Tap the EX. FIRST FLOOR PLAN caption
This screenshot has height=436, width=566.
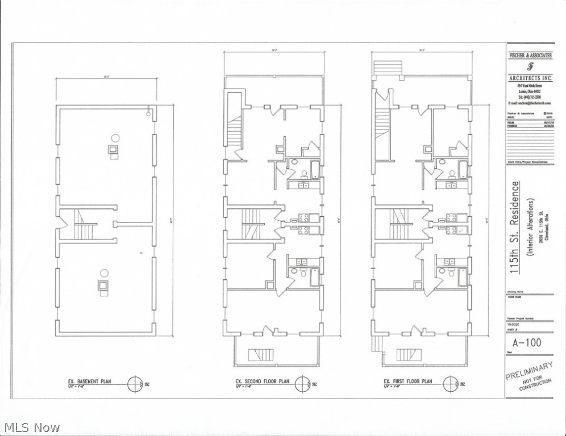408,381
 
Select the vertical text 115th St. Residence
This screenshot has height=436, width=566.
515,228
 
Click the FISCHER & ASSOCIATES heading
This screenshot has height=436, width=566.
530,55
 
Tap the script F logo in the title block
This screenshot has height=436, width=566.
530,65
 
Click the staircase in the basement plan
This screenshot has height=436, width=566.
84,224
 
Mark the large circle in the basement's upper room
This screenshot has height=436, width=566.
115,137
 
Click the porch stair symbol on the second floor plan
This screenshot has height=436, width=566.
261,355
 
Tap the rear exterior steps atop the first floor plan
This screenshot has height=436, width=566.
387,68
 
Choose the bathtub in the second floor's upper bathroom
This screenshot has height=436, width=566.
315,170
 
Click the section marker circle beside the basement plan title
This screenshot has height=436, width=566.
135,383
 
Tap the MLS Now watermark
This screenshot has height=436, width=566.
31,426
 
